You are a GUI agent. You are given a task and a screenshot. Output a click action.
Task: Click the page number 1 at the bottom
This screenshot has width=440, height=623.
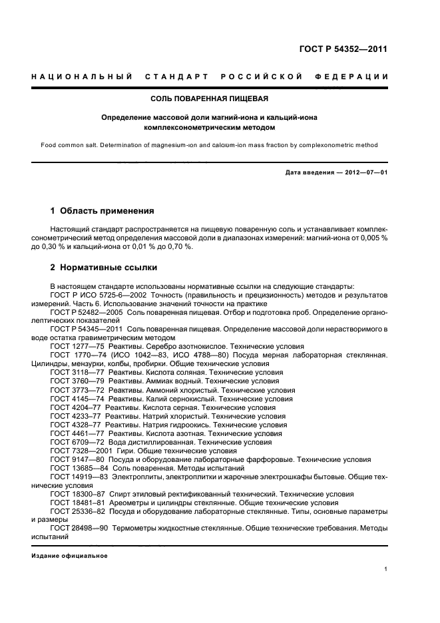pyautogui.click(x=386, y=568)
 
